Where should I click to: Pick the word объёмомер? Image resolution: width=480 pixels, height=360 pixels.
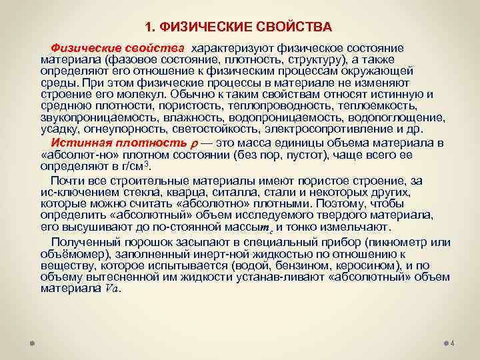[71, 255]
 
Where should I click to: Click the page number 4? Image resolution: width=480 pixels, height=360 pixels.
[452, 344]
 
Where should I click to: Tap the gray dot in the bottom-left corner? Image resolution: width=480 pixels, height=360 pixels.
[31, 344]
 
